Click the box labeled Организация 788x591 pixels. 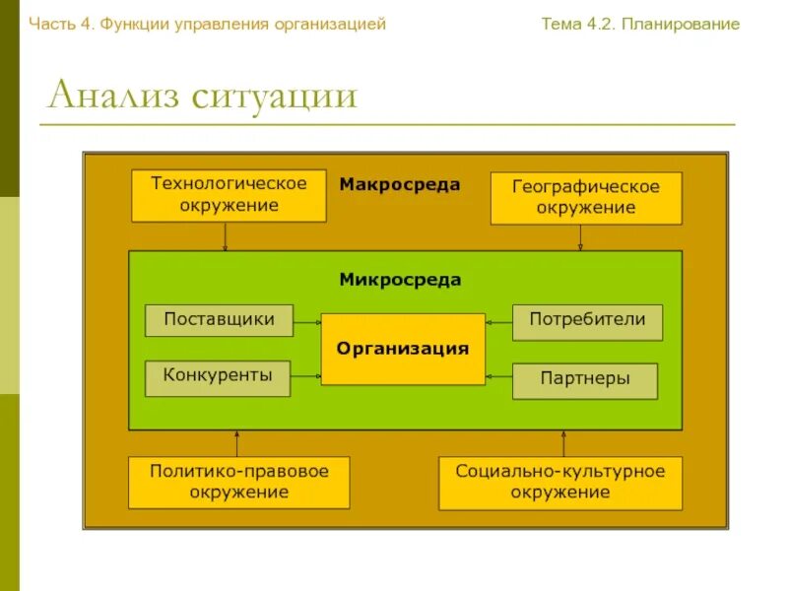pos(403,349)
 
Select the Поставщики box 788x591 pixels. pos(219,320)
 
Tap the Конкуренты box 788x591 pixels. pos(218,378)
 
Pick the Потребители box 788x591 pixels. pos(587,321)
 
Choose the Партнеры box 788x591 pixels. pos(585,380)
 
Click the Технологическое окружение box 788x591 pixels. pos(229,195)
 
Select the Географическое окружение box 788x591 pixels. pos(586,197)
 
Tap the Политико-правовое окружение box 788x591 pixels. pos(239,482)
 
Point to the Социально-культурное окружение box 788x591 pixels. pos(560,482)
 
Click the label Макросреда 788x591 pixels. pos(400,184)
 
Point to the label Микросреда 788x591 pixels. pos(400,280)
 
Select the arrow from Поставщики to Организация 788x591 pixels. pos(307,321)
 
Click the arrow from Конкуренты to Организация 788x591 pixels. pos(306,376)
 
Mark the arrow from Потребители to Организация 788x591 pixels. pos(499,321)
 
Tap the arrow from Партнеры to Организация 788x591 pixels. pos(499,376)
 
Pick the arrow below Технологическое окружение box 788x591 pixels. pos(226,236)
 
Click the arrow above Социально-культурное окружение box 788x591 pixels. pos(565,443)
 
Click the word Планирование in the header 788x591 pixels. pos(682,24)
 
